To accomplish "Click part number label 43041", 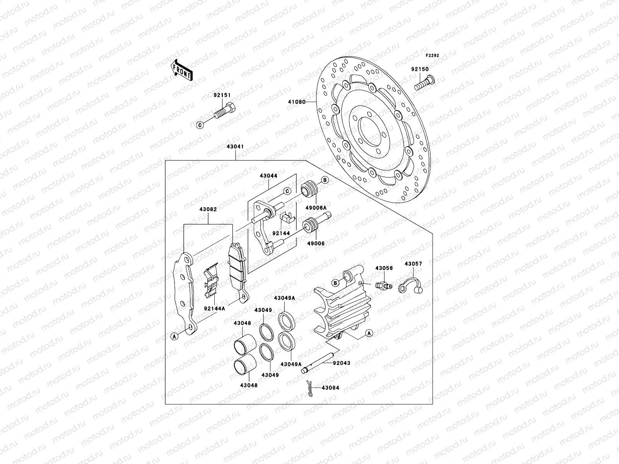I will [236, 147].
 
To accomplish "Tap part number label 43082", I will [208, 209].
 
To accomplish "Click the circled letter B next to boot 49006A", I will [325, 180].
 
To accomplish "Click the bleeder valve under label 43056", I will [383, 285].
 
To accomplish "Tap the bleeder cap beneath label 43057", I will [412, 286].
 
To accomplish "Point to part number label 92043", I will [341, 363].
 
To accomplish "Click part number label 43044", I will [268, 176].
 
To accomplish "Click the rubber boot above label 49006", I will [310, 226].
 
